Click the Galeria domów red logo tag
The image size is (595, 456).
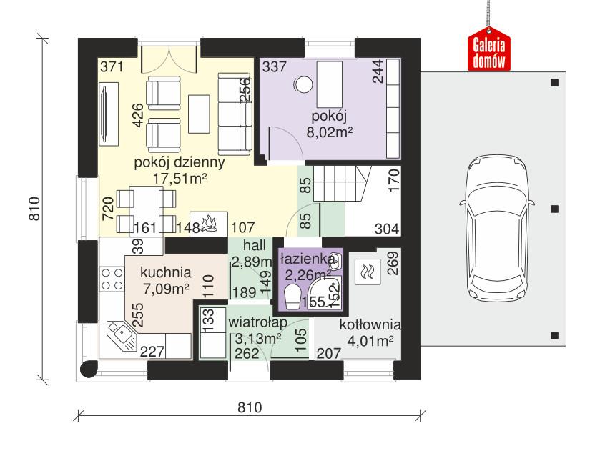[490, 52]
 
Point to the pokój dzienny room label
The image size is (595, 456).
[180, 162]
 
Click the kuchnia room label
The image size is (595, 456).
[165, 272]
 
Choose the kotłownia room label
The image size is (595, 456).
[370, 324]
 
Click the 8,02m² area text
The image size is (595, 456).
[330, 132]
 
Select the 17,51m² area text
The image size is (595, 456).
[180, 178]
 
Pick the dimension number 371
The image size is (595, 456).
[112, 69]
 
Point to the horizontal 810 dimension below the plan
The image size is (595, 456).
[247, 407]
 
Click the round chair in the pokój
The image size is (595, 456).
[303, 84]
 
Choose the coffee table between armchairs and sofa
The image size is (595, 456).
[199, 114]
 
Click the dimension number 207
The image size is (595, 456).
[328, 352]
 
